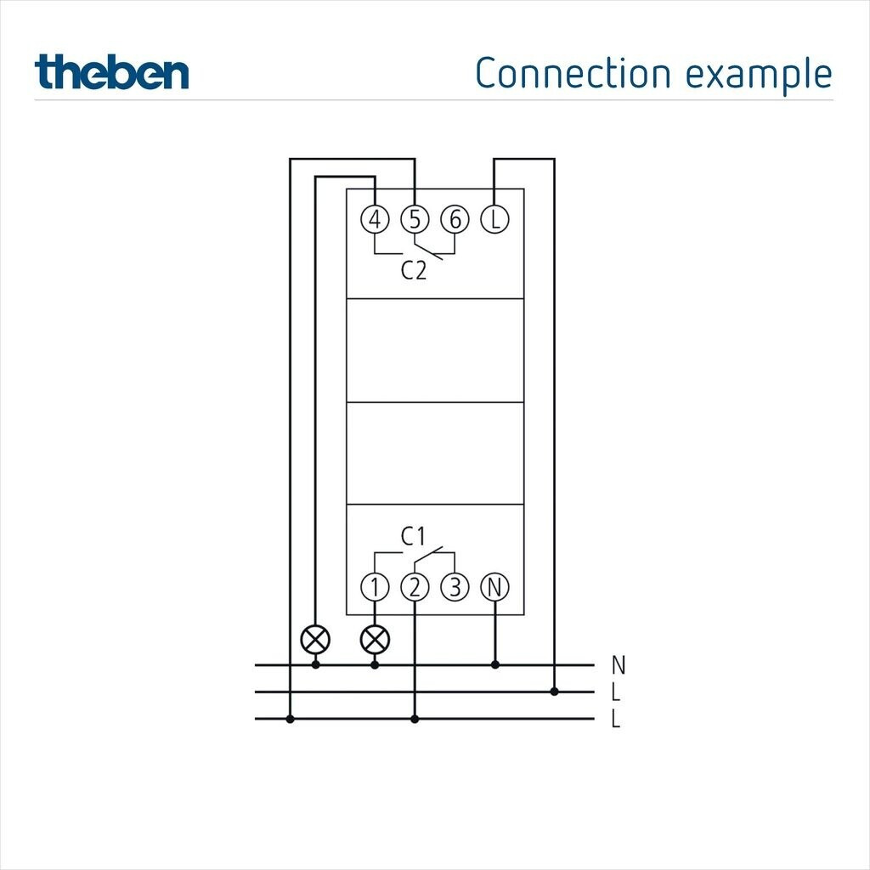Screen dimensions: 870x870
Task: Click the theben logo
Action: tap(112, 73)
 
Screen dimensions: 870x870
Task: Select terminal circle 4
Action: tap(375, 220)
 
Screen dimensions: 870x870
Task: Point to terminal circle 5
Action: tap(415, 220)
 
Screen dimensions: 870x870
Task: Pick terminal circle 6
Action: tap(455, 220)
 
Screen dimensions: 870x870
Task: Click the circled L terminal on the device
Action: tap(494, 220)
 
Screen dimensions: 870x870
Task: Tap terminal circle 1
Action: tap(375, 586)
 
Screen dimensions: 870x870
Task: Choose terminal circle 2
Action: tap(415, 586)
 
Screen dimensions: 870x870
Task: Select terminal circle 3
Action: tap(455, 586)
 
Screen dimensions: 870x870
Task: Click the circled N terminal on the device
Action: tap(494, 586)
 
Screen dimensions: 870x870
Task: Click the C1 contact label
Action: tap(413, 536)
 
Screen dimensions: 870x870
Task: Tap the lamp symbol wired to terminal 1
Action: tap(375, 639)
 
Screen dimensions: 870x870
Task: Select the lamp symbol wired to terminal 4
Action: tap(316, 639)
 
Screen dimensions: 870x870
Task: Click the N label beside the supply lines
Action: tap(618, 664)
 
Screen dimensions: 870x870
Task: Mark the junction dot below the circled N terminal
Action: tap(495, 664)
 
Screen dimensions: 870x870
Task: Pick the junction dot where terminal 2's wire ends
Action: tap(415, 719)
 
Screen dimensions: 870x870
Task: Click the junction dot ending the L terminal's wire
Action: tap(554, 692)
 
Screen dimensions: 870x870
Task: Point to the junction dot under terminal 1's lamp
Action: tap(375, 664)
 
